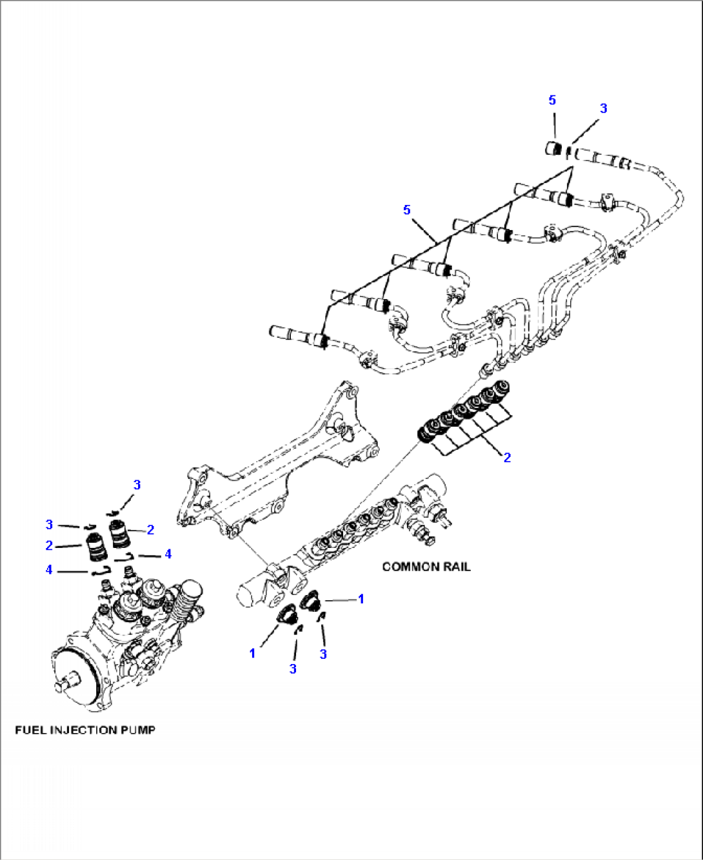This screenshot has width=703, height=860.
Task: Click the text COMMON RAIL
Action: (x=426, y=567)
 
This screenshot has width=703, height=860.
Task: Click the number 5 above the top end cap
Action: (x=552, y=100)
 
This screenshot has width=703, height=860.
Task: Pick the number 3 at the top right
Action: (x=603, y=108)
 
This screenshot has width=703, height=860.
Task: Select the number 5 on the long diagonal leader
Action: (x=406, y=210)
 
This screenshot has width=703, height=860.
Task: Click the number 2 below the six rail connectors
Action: (x=507, y=458)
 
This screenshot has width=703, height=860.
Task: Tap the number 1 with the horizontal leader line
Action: (x=361, y=599)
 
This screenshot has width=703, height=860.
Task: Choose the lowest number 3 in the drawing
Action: (x=293, y=669)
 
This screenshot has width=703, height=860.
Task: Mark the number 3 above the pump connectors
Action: (x=137, y=485)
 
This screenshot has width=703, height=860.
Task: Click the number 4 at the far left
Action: (x=49, y=570)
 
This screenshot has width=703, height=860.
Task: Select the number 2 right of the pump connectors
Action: (x=150, y=530)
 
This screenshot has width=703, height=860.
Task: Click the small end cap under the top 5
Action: (x=553, y=148)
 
